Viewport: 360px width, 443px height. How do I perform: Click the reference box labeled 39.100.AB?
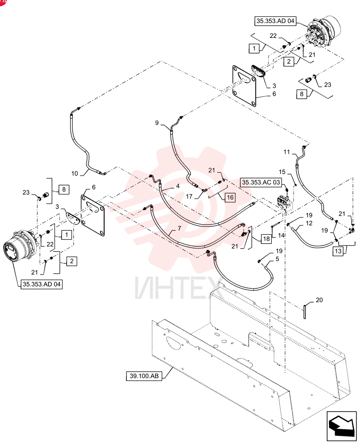pos(144,376)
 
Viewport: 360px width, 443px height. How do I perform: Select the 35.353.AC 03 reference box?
pos(260,182)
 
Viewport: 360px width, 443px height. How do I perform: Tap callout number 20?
pos(319,300)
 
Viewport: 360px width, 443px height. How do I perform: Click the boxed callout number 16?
pos(230,197)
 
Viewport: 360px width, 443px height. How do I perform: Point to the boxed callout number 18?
pos(266,239)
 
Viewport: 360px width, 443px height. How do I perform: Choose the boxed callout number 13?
pos(338,251)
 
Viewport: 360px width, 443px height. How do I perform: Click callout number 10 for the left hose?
pos(74,173)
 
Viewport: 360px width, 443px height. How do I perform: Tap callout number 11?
pos(287,152)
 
